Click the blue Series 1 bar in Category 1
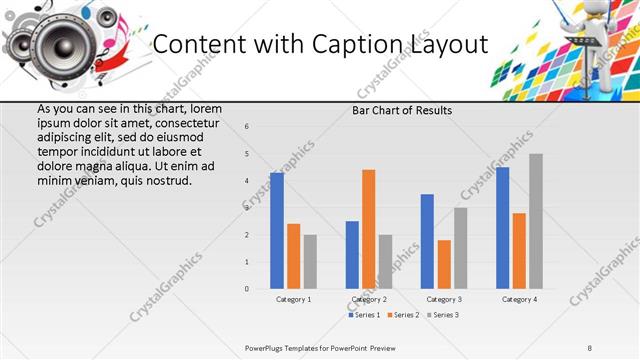(x=277, y=231)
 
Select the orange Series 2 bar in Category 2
(x=368, y=229)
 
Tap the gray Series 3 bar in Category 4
(x=536, y=221)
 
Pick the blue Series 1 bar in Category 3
(x=427, y=241)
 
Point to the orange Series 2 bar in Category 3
(x=444, y=264)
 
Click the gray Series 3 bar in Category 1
(x=310, y=262)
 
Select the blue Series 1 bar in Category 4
(x=502, y=228)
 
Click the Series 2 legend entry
(x=403, y=315)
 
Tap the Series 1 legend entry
(x=364, y=315)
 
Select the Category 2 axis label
(x=368, y=299)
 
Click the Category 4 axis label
(x=519, y=299)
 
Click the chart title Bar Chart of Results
(x=402, y=110)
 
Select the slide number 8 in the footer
(x=590, y=347)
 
